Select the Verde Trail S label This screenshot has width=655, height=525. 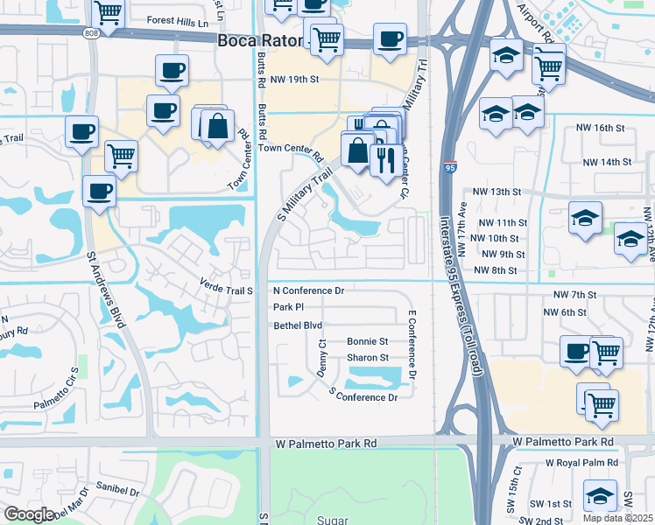pyautogui.click(x=226, y=290)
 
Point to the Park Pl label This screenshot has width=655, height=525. pyautogui.click(x=288, y=307)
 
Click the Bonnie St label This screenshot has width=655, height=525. pyautogui.click(x=368, y=341)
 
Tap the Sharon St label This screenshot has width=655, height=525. pyautogui.click(x=368, y=358)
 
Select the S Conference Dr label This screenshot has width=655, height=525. pyautogui.click(x=363, y=397)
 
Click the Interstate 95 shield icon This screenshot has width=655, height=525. pyautogui.click(x=448, y=165)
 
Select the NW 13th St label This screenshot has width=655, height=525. pyautogui.click(x=497, y=192)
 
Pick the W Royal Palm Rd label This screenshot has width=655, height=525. pyautogui.click(x=581, y=463)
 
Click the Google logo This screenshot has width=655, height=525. pyautogui.click(x=29, y=514)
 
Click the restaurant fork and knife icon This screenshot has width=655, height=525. pyautogui.click(x=386, y=158)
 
